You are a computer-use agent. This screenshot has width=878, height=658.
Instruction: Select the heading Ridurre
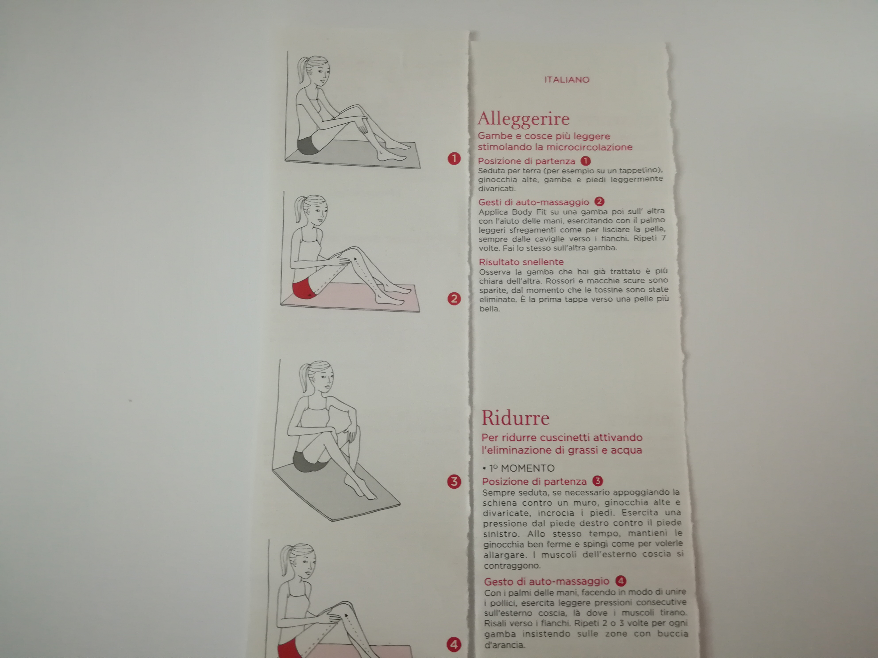click(x=515, y=418)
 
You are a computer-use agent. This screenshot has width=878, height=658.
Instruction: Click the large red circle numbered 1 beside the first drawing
click(x=454, y=159)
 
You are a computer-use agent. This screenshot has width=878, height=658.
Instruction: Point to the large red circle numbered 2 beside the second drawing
click(x=454, y=299)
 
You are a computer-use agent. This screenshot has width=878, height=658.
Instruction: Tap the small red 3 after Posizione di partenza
click(x=597, y=481)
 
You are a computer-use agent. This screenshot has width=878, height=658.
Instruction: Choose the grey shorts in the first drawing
click(x=308, y=145)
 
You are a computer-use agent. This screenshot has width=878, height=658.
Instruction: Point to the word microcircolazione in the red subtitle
click(x=589, y=147)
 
